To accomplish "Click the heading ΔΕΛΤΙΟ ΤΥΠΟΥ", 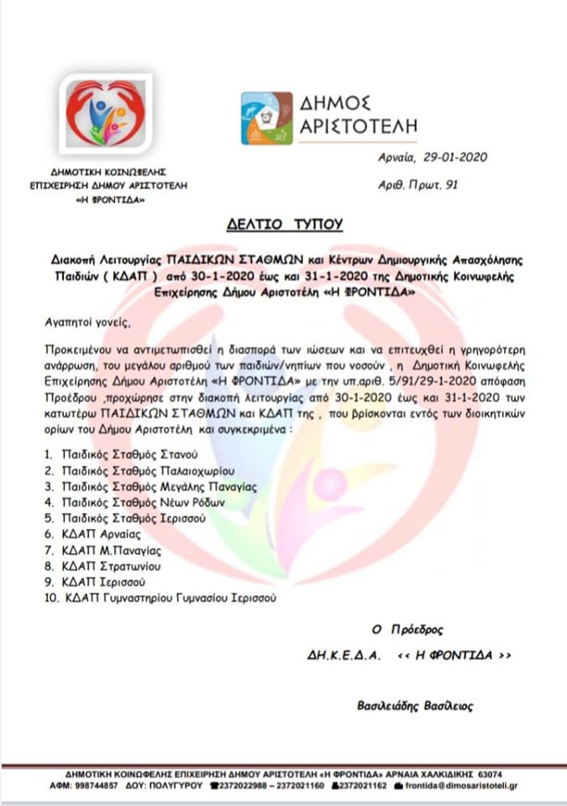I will click(x=283, y=224).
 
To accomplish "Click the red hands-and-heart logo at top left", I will click(x=106, y=117).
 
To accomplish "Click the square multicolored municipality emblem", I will click(x=267, y=118).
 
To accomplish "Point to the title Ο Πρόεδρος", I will click(x=407, y=629).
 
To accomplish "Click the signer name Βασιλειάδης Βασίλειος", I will click(x=414, y=706).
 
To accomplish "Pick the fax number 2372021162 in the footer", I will click(x=364, y=785).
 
